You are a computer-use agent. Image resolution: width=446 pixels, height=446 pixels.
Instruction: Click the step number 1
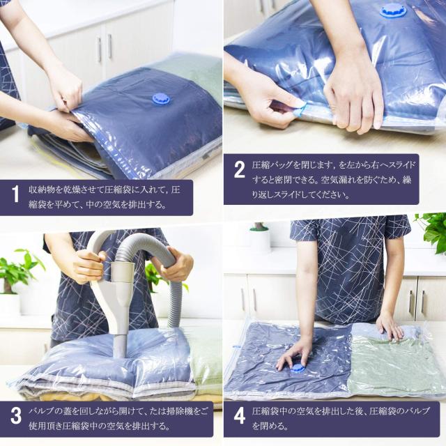15,194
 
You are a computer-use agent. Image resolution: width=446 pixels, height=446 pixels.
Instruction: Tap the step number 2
239,169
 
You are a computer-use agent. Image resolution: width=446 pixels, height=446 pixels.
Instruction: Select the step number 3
16,415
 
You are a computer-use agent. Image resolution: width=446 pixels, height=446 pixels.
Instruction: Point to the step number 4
240,415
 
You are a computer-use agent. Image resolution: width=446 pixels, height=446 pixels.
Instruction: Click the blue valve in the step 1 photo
162,99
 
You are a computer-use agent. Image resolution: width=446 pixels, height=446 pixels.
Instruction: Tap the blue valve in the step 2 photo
393,11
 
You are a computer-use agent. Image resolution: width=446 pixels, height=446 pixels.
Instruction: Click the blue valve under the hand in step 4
297,368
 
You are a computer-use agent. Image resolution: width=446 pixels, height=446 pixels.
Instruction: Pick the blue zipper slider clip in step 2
300,110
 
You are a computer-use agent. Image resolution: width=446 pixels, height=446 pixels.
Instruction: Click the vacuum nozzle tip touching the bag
120,352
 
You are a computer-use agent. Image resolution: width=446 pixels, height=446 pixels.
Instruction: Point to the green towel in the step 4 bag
395,367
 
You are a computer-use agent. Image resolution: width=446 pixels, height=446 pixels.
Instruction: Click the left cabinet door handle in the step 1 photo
99,49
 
